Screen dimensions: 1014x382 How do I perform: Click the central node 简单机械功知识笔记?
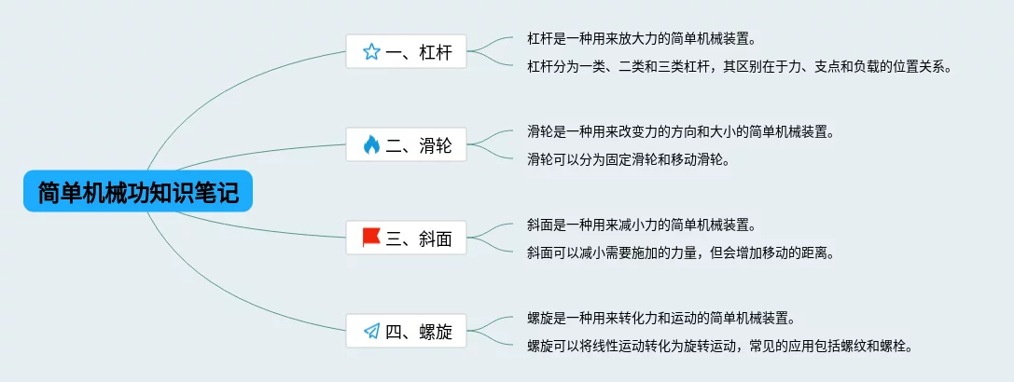138,193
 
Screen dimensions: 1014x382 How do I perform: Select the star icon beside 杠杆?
371,52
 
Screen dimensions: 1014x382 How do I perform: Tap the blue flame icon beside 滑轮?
371,144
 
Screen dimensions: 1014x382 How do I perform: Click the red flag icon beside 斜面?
371,238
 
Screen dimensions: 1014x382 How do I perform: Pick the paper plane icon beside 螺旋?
371,331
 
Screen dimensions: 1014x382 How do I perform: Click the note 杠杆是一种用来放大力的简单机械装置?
641,39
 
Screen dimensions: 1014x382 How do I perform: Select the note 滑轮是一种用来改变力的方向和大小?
680,131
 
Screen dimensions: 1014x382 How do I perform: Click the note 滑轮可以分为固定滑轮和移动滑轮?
628,158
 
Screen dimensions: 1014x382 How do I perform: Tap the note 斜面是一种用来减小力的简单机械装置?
641,225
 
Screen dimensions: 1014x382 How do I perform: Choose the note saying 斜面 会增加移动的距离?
680,252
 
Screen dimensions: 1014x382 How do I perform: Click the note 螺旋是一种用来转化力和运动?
660,318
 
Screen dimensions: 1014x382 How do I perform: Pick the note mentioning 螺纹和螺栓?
719,346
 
